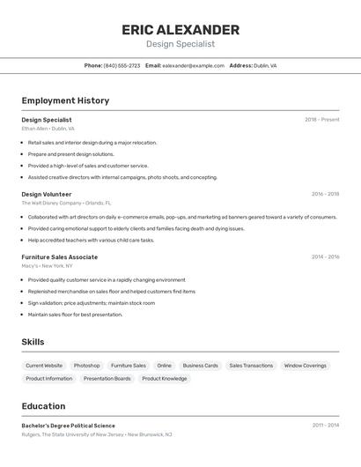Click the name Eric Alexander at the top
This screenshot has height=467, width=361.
[180, 30]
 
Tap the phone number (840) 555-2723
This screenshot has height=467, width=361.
[122, 65]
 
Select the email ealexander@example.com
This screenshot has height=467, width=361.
[193, 65]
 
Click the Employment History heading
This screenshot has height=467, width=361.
[65, 100]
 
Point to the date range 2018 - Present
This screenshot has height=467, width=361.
[321, 120]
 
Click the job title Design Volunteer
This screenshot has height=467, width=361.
[47, 194]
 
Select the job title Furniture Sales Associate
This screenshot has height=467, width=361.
[60, 257]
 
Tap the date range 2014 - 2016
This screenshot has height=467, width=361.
[325, 257]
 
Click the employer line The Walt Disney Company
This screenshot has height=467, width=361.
[66, 203]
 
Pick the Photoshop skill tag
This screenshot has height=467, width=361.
[86, 365]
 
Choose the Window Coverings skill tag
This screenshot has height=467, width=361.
[305, 365]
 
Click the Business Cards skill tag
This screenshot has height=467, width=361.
[200, 365]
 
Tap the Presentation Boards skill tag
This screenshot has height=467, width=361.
[107, 378]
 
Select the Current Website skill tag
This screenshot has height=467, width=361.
[44, 365]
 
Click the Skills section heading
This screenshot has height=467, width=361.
[33, 342]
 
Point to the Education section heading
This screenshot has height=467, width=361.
[43, 406]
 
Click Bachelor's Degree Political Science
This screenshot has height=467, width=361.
[68, 426]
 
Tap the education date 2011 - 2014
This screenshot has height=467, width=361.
[325, 426]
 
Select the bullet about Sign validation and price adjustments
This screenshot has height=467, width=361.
[91, 302]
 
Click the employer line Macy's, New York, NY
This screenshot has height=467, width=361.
[48, 266]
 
